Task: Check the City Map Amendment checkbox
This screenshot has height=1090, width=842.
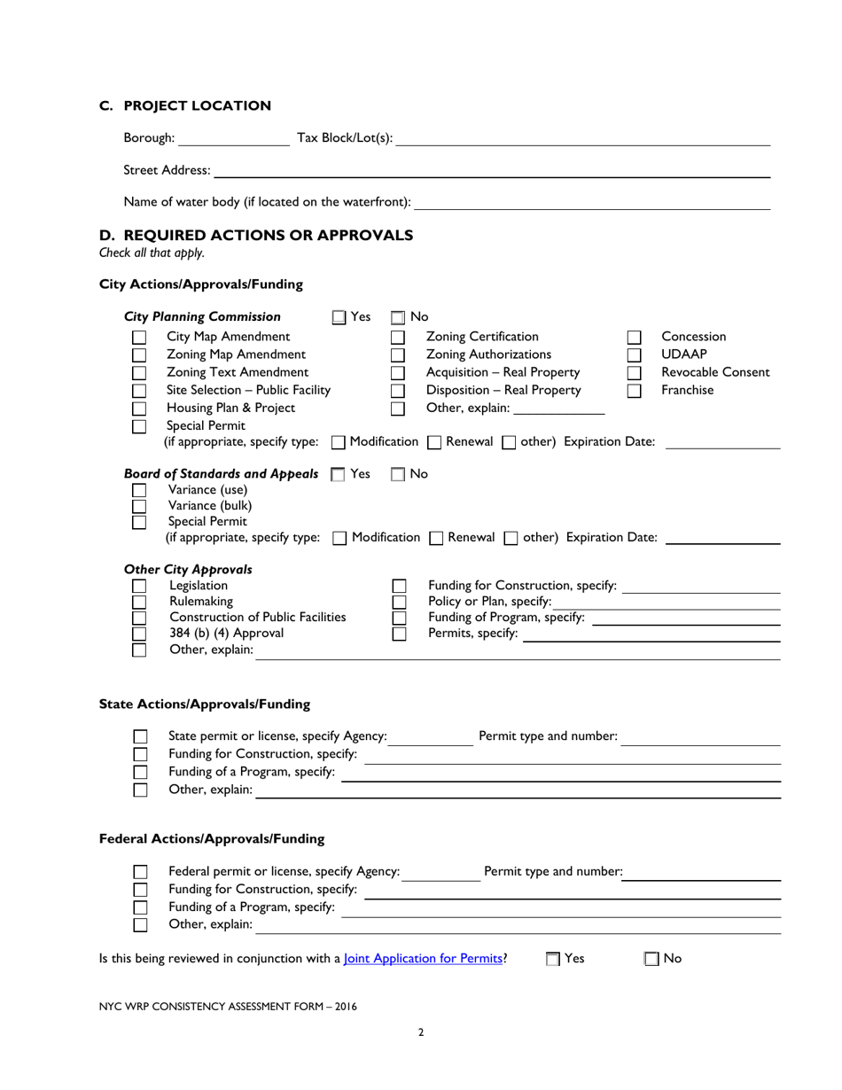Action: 139,338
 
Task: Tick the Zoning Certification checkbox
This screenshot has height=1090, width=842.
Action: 398,338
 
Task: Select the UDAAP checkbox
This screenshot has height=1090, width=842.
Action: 634,355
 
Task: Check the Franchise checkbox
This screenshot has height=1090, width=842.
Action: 634,391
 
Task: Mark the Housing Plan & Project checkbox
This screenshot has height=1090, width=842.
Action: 139,409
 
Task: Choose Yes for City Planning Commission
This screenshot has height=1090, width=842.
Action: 340,317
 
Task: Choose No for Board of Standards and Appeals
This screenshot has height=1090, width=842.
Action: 398,475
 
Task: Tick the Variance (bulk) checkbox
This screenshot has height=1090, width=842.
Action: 139,506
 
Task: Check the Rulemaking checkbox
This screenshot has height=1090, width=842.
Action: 139,602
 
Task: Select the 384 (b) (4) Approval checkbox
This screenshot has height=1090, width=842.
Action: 139,634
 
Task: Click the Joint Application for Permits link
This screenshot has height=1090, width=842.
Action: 424,958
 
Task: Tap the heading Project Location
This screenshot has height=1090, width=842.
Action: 197,106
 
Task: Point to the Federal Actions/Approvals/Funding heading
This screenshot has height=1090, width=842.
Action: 212,838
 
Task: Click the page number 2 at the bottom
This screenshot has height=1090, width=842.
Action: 421,1032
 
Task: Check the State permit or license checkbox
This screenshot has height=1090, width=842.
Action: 140,736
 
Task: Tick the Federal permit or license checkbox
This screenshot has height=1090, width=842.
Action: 140,872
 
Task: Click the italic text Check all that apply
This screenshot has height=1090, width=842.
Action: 152,253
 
